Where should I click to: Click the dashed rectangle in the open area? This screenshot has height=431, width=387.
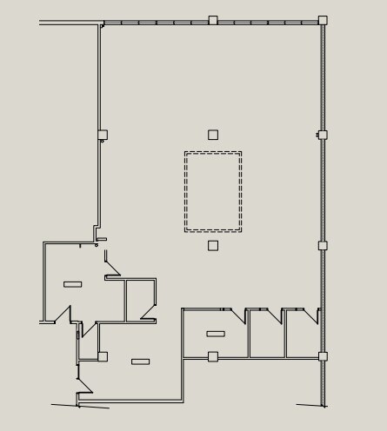point(213,191)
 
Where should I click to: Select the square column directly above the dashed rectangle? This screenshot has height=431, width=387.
point(213,135)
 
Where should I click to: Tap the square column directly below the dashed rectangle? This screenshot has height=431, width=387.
point(213,246)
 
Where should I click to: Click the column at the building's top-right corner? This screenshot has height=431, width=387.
point(323,20)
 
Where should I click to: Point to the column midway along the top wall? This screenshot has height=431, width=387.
point(213,20)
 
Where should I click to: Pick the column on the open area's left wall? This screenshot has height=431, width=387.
point(103,135)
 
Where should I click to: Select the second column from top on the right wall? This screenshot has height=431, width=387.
point(323,135)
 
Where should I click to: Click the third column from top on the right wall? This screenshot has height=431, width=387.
point(323,246)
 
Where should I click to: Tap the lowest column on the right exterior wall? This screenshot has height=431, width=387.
point(323,356)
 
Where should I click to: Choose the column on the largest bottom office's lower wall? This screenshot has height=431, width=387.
point(213,356)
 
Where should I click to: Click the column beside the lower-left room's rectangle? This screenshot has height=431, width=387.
point(103,356)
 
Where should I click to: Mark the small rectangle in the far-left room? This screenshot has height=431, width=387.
point(73,283)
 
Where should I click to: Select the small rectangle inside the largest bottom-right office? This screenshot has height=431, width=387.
point(216,334)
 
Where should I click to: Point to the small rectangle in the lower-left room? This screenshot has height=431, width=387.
point(140,361)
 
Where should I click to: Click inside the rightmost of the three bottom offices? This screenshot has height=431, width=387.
point(302,339)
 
